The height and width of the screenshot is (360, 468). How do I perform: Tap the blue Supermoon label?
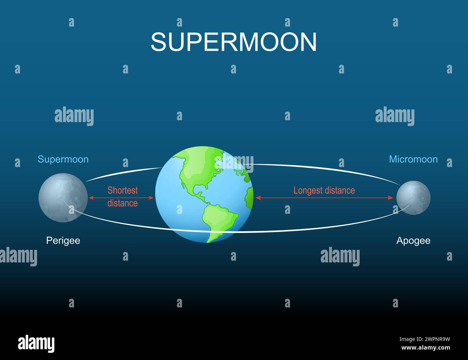63,159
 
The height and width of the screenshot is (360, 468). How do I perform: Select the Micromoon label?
413,159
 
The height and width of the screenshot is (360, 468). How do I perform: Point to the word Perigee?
63,240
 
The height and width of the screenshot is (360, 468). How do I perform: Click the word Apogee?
413,241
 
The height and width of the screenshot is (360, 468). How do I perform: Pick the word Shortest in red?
122,190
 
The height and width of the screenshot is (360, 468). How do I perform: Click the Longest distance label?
324,190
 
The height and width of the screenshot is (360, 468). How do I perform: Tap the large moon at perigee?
63,198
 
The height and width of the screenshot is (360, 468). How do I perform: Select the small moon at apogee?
413,198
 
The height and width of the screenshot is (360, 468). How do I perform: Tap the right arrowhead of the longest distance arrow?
390,198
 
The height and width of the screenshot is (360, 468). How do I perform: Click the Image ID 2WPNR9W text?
425,339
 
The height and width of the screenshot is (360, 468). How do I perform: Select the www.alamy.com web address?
426,347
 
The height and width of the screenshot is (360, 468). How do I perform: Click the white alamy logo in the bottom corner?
36,343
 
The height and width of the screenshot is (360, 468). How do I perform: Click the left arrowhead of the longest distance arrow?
258,198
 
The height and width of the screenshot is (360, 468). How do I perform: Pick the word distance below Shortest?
122,203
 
